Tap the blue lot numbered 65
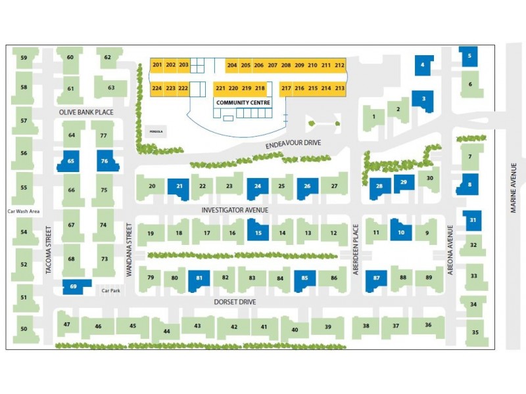coord(71,161)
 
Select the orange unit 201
coord(157,65)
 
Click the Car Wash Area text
coord(24,211)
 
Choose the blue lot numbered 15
coord(258,231)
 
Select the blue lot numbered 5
coord(469,56)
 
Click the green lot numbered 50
coord(24,328)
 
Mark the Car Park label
coord(108,290)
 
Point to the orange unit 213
coord(339,88)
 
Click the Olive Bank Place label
coord(86,112)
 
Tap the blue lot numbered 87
coord(377,279)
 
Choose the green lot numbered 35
coord(475,332)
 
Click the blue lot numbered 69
coord(74,286)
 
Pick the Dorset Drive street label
coord(235,302)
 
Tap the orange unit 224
coord(157,88)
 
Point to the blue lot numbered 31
coord(473,221)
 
